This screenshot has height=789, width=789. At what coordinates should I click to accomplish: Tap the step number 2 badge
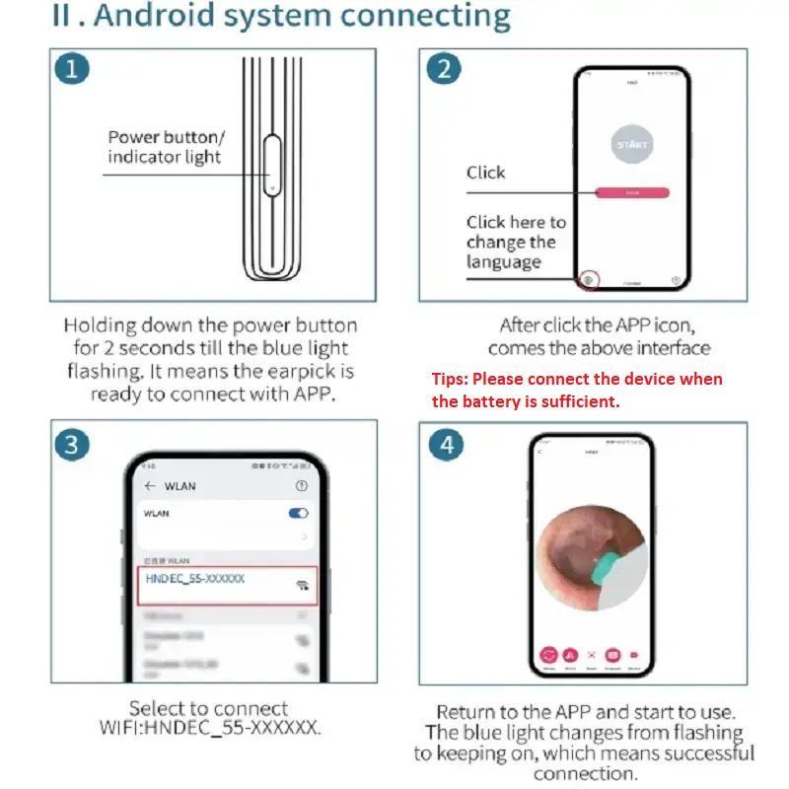(x=444, y=69)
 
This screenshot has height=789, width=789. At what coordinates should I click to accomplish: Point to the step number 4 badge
(x=446, y=444)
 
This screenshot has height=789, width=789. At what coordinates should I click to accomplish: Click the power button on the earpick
(x=271, y=164)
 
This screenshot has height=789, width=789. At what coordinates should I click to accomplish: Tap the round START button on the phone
(x=632, y=144)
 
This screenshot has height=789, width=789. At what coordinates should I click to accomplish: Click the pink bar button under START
(x=632, y=193)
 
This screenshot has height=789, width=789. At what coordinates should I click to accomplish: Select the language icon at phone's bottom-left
(x=589, y=280)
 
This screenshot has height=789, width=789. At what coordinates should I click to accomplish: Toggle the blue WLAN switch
(x=298, y=513)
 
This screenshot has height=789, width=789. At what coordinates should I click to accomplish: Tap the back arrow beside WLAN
(x=150, y=486)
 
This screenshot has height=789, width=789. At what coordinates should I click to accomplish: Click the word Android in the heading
(x=145, y=17)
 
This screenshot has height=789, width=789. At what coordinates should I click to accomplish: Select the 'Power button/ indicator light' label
(x=166, y=147)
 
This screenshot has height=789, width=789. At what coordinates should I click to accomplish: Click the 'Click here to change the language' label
(x=516, y=242)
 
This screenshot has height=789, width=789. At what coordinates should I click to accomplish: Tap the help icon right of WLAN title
(x=302, y=486)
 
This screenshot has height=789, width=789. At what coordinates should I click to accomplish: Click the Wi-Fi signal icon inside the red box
(x=301, y=585)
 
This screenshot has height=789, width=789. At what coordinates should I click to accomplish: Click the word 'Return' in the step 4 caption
(x=467, y=712)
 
